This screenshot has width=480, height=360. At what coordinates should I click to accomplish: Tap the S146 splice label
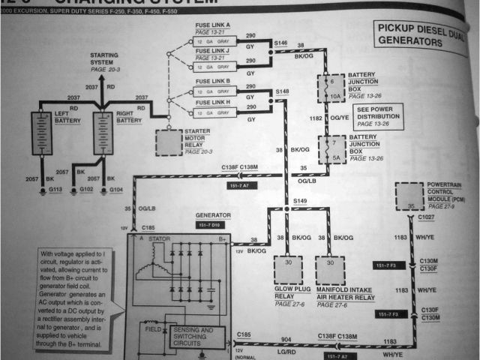click(281, 45)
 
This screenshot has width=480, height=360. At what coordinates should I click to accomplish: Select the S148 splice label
click(281, 91)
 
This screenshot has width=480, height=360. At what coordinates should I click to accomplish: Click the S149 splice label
click(300, 201)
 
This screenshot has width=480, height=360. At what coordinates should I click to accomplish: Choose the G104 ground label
click(115, 190)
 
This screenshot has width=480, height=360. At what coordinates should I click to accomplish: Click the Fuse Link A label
click(212, 25)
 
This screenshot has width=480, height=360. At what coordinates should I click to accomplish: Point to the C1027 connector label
click(426, 217)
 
